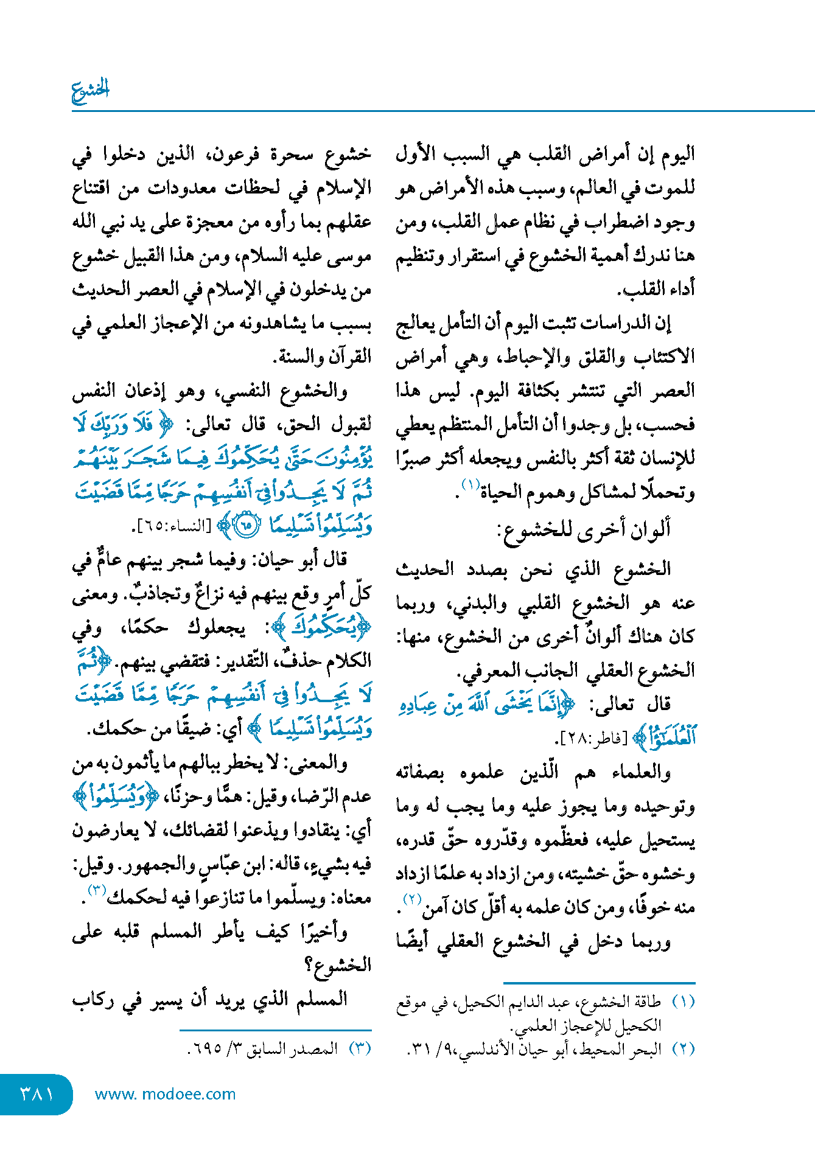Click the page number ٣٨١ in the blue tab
click(x=37, y=1094)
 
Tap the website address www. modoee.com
click(x=165, y=1094)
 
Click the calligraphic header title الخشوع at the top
click(x=90, y=90)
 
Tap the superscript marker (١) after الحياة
click(x=470, y=485)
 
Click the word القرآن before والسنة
click(x=349, y=357)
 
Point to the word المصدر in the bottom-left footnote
click(x=315, y=1049)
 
